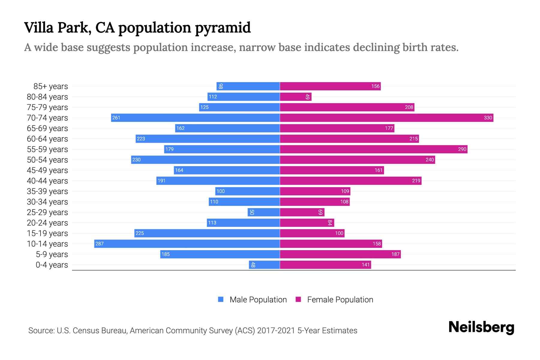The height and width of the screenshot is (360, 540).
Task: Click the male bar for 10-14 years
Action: coord(187,244)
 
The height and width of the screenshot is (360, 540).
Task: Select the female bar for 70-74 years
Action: coord(386,118)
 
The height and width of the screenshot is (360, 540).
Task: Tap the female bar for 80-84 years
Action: coord(295,97)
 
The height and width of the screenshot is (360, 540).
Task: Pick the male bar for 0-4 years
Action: coord(264,265)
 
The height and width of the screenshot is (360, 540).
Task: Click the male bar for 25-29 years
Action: coord(264,212)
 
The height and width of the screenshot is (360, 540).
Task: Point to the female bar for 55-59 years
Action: coord(373,149)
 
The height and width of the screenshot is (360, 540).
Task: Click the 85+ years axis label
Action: coord(50,86)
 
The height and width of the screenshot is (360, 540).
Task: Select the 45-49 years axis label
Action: coord(47,170)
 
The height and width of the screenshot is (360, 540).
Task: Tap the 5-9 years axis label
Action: coord(52,254)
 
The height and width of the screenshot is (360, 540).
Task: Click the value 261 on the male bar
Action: coord(116,118)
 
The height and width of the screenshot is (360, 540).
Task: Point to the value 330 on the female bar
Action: coord(488,118)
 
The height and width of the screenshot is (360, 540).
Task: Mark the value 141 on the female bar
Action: coord(365,265)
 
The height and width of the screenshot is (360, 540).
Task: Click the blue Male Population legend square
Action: coord(221,299)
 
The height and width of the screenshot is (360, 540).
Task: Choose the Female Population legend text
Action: coord(340,300)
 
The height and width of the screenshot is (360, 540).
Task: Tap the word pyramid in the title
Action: coord(223,28)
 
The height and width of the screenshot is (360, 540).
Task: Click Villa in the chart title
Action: coord(38,28)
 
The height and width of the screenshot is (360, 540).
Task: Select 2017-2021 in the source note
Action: coord(276,331)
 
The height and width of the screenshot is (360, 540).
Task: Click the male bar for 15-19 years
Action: coord(207,233)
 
